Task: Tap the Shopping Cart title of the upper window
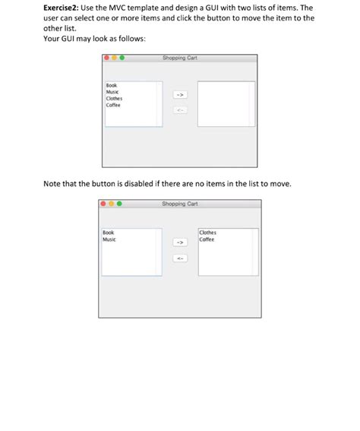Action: tap(180, 58)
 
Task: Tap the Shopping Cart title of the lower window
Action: tap(180, 204)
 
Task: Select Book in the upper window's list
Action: tap(111, 86)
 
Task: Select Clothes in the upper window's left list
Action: tap(114, 98)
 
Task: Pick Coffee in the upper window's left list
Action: tap(113, 104)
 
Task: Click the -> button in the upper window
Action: tap(180, 95)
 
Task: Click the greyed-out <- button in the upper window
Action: tap(180, 111)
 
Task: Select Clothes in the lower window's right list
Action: tap(208, 233)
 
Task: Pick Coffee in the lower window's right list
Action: tap(207, 239)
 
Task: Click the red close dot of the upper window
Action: tap(107, 58)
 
